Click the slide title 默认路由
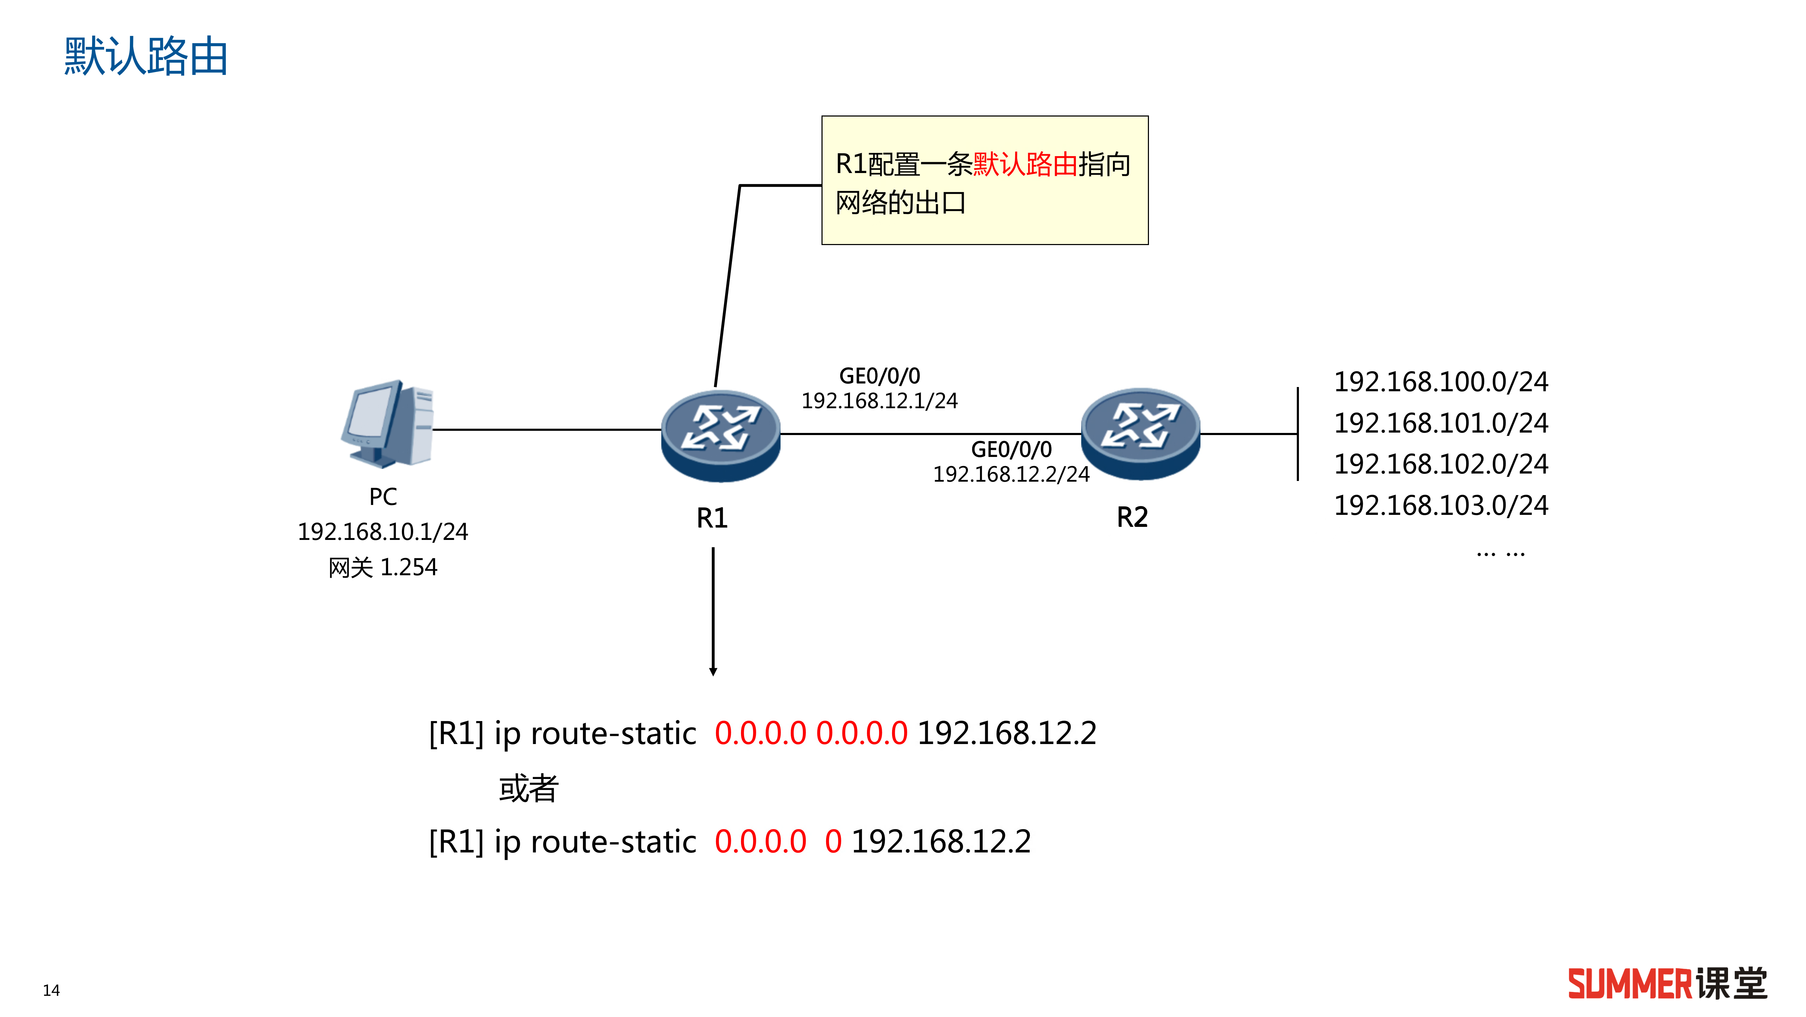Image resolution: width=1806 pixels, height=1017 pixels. click(x=146, y=56)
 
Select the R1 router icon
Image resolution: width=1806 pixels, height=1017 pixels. click(x=720, y=435)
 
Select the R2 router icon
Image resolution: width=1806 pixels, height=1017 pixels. click(x=1140, y=433)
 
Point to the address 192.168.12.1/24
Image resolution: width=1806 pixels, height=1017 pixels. click(x=879, y=400)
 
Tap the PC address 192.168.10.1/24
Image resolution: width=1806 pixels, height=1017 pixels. click(x=383, y=532)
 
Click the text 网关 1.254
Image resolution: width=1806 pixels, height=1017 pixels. click(x=383, y=567)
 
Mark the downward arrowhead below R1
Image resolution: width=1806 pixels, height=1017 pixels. click(x=713, y=671)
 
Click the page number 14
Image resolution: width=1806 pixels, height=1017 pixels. click(x=51, y=991)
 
